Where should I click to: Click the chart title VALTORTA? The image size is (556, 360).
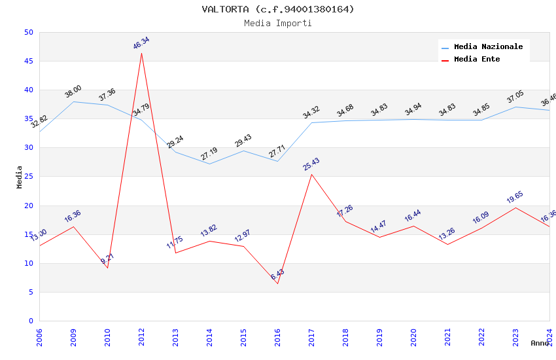tap(277, 9)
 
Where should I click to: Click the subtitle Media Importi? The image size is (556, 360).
tap(277, 23)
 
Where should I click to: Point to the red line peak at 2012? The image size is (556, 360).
tap(141, 53)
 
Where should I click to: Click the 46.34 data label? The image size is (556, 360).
tap(141, 43)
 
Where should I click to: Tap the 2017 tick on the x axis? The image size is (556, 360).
tap(311, 336)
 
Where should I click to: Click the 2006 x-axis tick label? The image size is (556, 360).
tap(39, 336)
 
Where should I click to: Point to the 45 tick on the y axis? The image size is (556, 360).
tap(28, 61)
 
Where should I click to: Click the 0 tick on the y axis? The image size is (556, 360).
tap(31, 321)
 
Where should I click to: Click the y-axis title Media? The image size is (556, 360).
tap(20, 177)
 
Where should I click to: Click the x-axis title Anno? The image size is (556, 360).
tap(540, 343)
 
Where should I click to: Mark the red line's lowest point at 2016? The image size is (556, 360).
tap(277, 283)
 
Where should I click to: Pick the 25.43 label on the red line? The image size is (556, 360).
tap(311, 164)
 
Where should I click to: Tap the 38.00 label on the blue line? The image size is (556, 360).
tap(73, 92)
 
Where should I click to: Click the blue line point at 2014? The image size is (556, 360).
tap(209, 164)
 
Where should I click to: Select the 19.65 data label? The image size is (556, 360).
tap(515, 197)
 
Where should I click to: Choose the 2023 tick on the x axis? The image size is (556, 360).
tap(515, 336)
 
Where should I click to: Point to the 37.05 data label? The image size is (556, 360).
tap(515, 97)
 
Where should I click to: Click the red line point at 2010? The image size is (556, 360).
tap(107, 268)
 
